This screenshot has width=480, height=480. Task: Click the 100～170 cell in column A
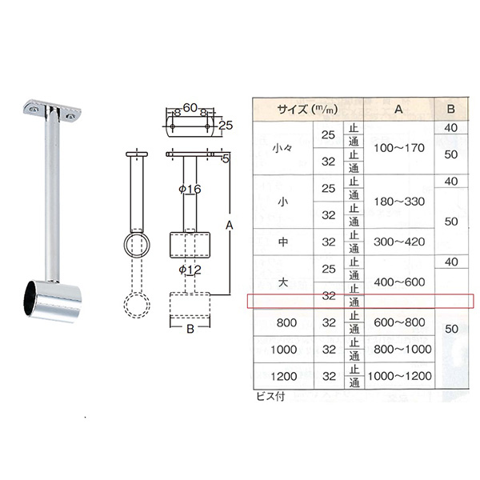click(x=399, y=148)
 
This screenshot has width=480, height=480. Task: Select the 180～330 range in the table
click(x=399, y=202)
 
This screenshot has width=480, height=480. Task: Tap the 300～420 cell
click(x=399, y=242)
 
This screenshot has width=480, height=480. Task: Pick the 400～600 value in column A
click(x=399, y=282)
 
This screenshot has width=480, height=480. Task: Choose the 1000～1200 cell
click(x=399, y=376)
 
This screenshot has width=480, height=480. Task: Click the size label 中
click(x=283, y=242)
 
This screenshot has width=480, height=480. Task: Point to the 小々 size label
click(x=282, y=149)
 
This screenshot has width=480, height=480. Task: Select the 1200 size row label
click(x=284, y=376)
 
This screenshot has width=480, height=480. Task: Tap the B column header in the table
click(x=450, y=109)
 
